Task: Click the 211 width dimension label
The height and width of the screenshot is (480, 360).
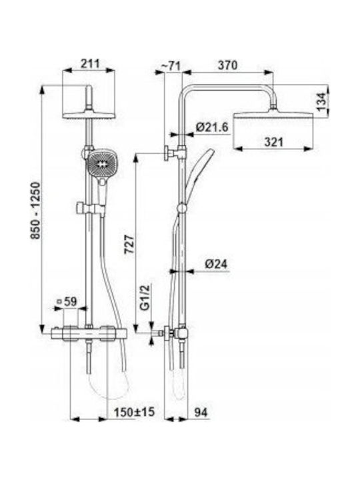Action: pyautogui.click(x=90, y=63)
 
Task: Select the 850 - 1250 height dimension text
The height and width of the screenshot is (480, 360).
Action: pyautogui.click(x=35, y=211)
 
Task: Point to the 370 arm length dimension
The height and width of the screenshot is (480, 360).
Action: pyautogui.click(x=227, y=65)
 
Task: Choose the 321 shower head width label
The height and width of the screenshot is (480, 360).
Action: pyautogui.click(x=274, y=142)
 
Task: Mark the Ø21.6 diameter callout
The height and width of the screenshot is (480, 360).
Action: pyautogui.click(x=212, y=127)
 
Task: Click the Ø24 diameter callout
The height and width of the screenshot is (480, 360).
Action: pyautogui.click(x=217, y=264)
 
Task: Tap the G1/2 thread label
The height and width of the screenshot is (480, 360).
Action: pyautogui.click(x=146, y=297)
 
